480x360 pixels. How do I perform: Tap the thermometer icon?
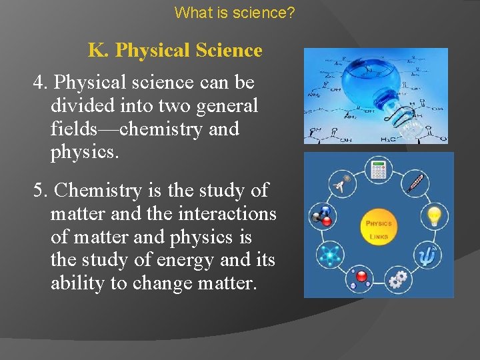[x=415, y=182]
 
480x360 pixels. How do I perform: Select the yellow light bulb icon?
[x=435, y=215]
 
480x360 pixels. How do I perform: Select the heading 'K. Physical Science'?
[x=175, y=51]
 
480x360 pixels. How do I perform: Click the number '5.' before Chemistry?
[x=41, y=191]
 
